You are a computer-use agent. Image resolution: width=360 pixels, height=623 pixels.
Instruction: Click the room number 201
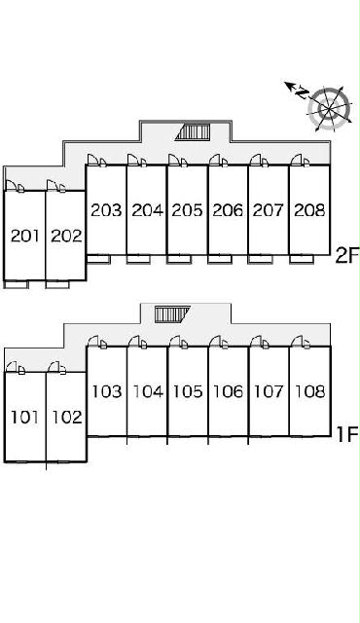(x=25, y=236)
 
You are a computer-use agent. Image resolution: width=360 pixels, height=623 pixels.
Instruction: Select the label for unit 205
(x=187, y=210)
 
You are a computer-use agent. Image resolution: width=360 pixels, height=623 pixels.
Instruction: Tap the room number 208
(x=309, y=210)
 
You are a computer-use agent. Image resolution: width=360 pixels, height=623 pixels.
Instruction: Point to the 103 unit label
(x=107, y=391)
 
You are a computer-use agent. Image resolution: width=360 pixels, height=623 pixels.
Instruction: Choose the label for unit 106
(x=229, y=391)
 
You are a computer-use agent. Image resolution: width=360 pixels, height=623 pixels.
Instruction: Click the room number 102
(x=67, y=418)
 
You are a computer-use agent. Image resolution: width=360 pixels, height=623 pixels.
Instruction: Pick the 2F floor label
(x=347, y=255)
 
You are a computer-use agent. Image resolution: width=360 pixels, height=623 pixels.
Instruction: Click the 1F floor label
(x=347, y=433)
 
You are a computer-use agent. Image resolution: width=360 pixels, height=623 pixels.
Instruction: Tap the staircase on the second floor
(x=193, y=131)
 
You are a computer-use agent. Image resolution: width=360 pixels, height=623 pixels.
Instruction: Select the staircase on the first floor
(x=172, y=313)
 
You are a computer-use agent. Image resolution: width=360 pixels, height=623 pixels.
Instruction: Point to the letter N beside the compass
(x=303, y=92)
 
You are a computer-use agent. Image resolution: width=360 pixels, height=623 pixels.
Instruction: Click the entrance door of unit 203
(x=97, y=160)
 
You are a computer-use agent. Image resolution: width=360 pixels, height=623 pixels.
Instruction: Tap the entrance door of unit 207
(x=259, y=160)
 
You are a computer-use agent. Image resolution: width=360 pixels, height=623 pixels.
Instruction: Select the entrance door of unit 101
(x=16, y=367)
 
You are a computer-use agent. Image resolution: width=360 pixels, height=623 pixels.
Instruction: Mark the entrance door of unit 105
(x=179, y=342)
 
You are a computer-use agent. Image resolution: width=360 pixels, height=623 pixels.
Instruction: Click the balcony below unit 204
(x=138, y=260)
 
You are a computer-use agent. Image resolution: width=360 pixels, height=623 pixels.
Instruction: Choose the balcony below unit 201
(x=17, y=284)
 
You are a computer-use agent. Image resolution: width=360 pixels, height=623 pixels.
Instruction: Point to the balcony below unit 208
(x=302, y=260)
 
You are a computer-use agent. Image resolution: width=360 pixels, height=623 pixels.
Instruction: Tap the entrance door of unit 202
(x=56, y=186)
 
